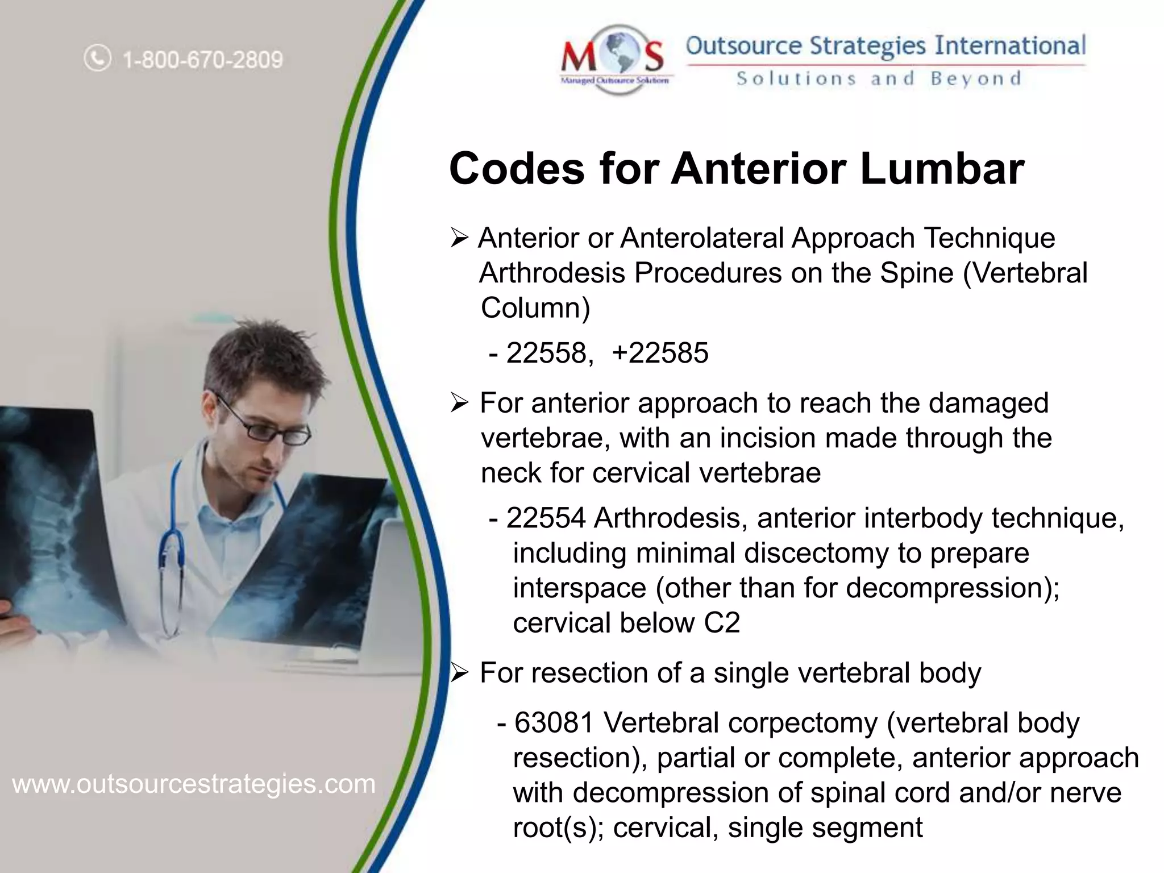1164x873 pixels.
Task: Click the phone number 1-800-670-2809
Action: click(202, 60)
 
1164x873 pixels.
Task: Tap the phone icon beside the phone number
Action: click(98, 59)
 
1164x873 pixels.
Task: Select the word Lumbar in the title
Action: click(942, 169)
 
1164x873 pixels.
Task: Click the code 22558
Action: click(546, 352)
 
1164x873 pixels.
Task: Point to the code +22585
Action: click(660, 352)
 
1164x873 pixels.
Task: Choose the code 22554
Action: click(546, 518)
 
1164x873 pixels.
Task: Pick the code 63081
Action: click(554, 723)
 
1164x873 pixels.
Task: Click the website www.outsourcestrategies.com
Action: click(194, 784)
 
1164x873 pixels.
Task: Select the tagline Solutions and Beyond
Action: click(879, 78)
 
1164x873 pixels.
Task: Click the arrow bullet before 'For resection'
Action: click(459, 674)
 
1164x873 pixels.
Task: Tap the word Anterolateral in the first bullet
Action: click(702, 238)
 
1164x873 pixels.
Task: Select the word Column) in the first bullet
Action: click(535, 308)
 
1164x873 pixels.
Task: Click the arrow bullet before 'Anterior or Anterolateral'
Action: click(459, 238)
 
